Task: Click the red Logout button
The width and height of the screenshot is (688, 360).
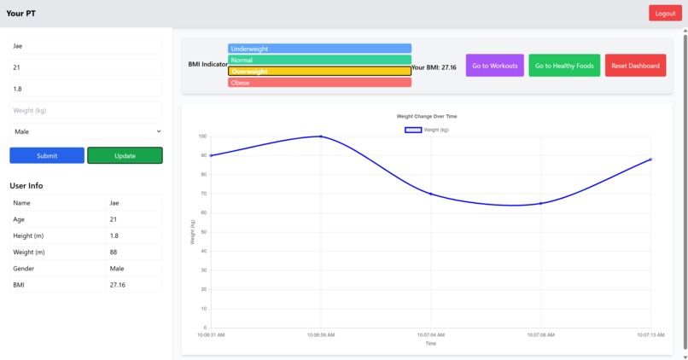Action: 665,13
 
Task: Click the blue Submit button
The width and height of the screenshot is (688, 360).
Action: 47,155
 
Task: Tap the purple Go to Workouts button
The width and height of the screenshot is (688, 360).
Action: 495,66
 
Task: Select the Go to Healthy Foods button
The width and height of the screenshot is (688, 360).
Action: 564,66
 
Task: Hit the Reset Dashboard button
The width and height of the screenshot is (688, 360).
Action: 636,66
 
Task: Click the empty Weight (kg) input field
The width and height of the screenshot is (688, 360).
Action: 85,110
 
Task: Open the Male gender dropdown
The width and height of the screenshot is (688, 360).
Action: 85,131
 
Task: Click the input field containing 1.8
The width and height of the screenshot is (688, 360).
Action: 85,89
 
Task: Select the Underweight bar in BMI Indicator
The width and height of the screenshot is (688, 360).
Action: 319,49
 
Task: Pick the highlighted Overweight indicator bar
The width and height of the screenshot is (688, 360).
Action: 319,72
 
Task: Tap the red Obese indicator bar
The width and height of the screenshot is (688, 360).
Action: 319,83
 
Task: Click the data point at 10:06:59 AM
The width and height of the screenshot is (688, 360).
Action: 321,136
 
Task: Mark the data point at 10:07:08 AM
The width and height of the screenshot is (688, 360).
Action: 540,203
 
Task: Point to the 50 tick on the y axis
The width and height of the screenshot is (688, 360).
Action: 203,232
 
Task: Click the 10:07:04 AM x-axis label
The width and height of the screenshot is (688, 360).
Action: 430,335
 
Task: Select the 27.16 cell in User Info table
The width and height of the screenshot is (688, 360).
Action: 133,285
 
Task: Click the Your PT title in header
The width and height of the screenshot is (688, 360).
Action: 21,14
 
